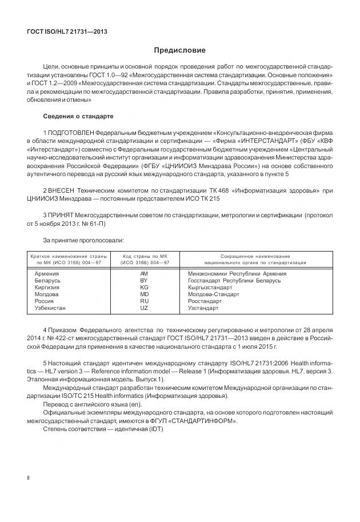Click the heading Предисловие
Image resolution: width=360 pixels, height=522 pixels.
[x=179, y=50]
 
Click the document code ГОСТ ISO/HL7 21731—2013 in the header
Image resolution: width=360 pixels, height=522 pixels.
[x=67, y=31]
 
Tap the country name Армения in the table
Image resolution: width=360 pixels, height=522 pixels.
[x=47, y=274]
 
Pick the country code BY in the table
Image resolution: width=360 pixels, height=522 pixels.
[x=144, y=281]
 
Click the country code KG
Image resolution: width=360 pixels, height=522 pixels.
[x=144, y=288]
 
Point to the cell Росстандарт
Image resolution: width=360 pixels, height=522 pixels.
[x=205, y=301]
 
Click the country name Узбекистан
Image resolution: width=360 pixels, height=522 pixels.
[x=51, y=308]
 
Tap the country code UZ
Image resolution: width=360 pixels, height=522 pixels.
[x=144, y=308]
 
